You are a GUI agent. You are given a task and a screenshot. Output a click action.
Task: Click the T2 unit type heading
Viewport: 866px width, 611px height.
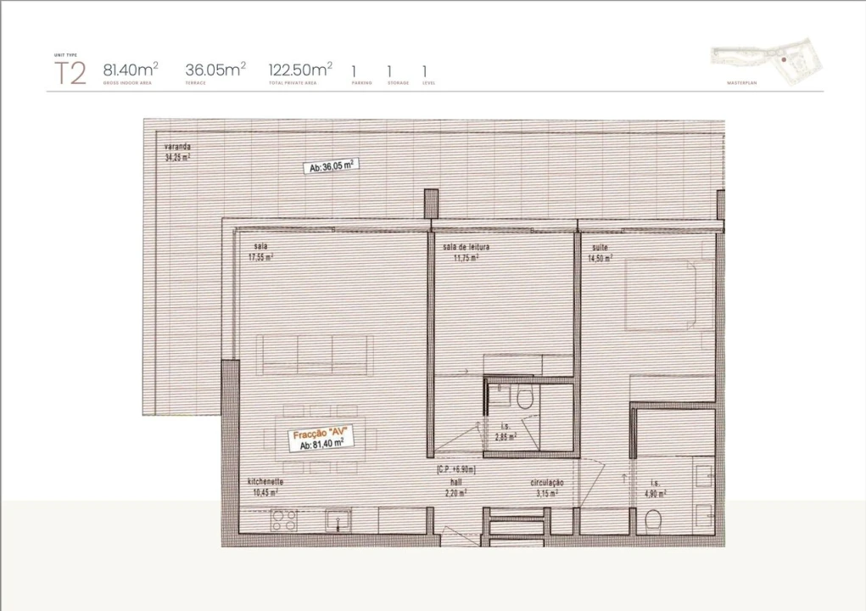click(x=70, y=74)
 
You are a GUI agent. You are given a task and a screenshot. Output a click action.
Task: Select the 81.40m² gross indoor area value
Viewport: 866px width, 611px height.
click(x=131, y=70)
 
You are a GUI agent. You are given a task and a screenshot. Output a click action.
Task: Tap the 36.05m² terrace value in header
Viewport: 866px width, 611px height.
click(x=215, y=70)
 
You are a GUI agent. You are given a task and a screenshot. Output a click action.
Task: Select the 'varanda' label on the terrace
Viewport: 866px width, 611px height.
click(x=177, y=147)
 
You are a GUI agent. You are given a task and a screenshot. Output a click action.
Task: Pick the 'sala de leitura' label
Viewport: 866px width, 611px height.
click(x=466, y=247)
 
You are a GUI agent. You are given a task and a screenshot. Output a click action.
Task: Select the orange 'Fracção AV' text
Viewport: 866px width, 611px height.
click(x=321, y=434)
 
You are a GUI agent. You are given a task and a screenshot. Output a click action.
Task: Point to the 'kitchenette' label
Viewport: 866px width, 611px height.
click(x=265, y=481)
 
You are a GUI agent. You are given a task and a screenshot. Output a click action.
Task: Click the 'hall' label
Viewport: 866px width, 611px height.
click(x=455, y=481)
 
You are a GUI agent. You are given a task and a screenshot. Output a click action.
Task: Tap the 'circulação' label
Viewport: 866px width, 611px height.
click(x=547, y=482)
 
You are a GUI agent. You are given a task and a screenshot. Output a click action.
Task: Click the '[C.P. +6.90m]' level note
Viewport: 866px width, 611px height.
click(x=456, y=469)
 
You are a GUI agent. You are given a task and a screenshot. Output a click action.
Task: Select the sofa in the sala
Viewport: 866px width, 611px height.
click(x=316, y=354)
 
